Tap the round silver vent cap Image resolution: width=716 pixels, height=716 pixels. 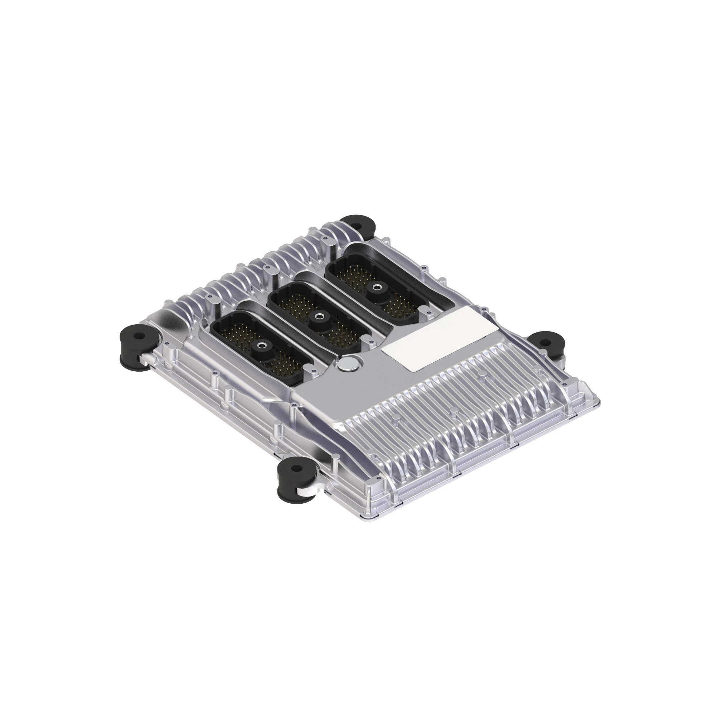tap(347, 364)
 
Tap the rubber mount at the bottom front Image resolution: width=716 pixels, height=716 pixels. tap(295, 478)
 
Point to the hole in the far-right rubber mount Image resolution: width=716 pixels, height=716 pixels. tap(545, 341)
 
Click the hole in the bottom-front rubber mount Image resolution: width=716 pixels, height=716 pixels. tap(295, 468)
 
